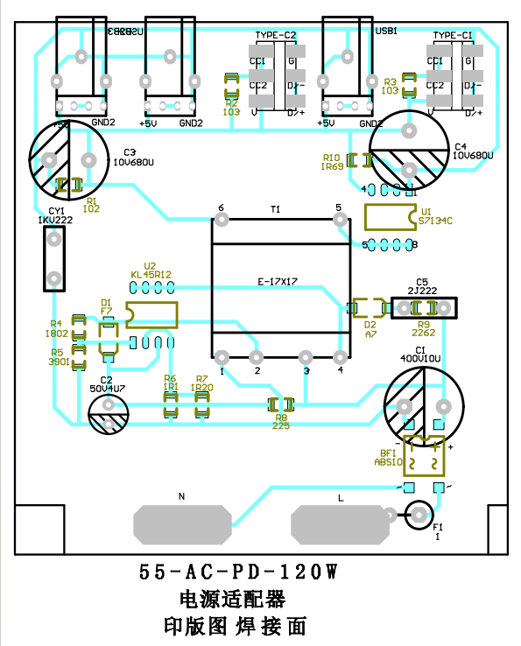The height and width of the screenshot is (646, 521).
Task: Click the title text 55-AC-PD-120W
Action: (x=237, y=573)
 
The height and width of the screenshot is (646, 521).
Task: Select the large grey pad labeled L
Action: (x=340, y=525)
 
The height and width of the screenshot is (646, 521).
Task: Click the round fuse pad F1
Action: (x=419, y=515)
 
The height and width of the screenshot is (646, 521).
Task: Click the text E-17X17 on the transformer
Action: (x=278, y=281)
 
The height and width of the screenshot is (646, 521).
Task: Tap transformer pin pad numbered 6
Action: (x=220, y=219)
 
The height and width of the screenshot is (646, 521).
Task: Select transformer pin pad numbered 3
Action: (x=306, y=357)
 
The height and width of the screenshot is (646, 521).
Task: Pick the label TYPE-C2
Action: (x=276, y=35)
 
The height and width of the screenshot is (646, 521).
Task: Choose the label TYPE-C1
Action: (x=453, y=35)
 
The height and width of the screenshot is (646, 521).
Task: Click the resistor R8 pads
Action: (x=281, y=404)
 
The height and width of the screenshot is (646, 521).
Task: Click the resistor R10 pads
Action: (x=358, y=160)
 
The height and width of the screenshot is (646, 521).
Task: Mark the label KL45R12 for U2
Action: (x=151, y=274)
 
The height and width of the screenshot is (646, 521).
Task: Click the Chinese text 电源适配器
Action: (x=232, y=600)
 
